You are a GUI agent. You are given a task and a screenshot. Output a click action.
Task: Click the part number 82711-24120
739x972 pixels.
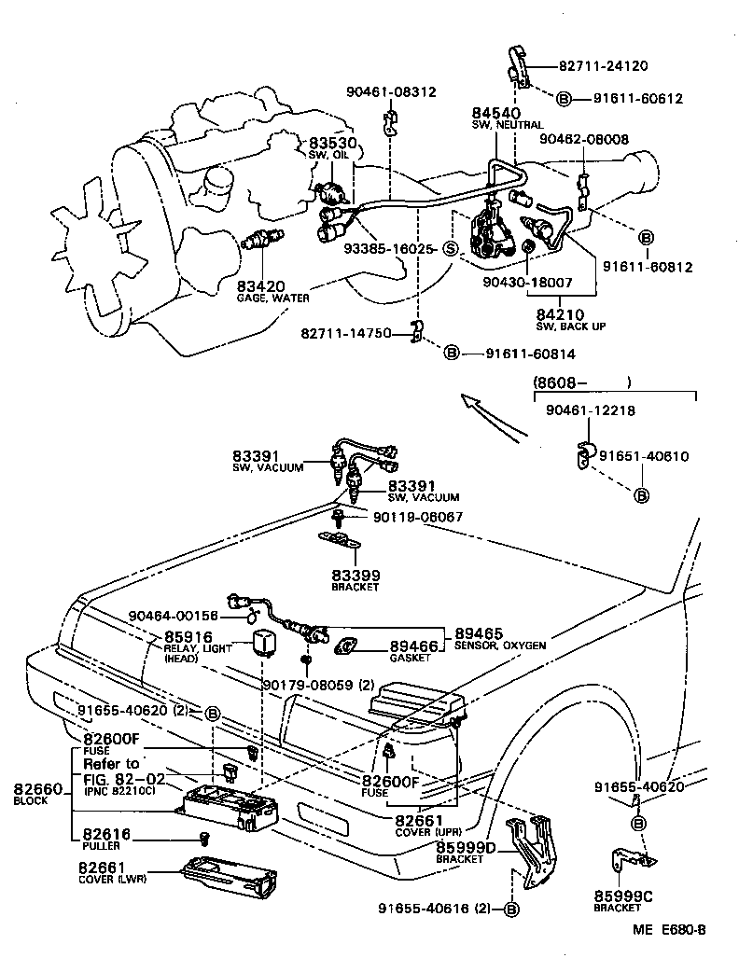(603, 66)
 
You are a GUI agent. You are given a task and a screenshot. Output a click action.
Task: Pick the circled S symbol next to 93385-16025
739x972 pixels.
(449, 248)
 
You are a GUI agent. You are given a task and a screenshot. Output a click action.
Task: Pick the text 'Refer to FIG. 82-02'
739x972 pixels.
(111, 770)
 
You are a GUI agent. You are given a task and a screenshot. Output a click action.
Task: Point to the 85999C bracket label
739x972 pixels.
(623, 896)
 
